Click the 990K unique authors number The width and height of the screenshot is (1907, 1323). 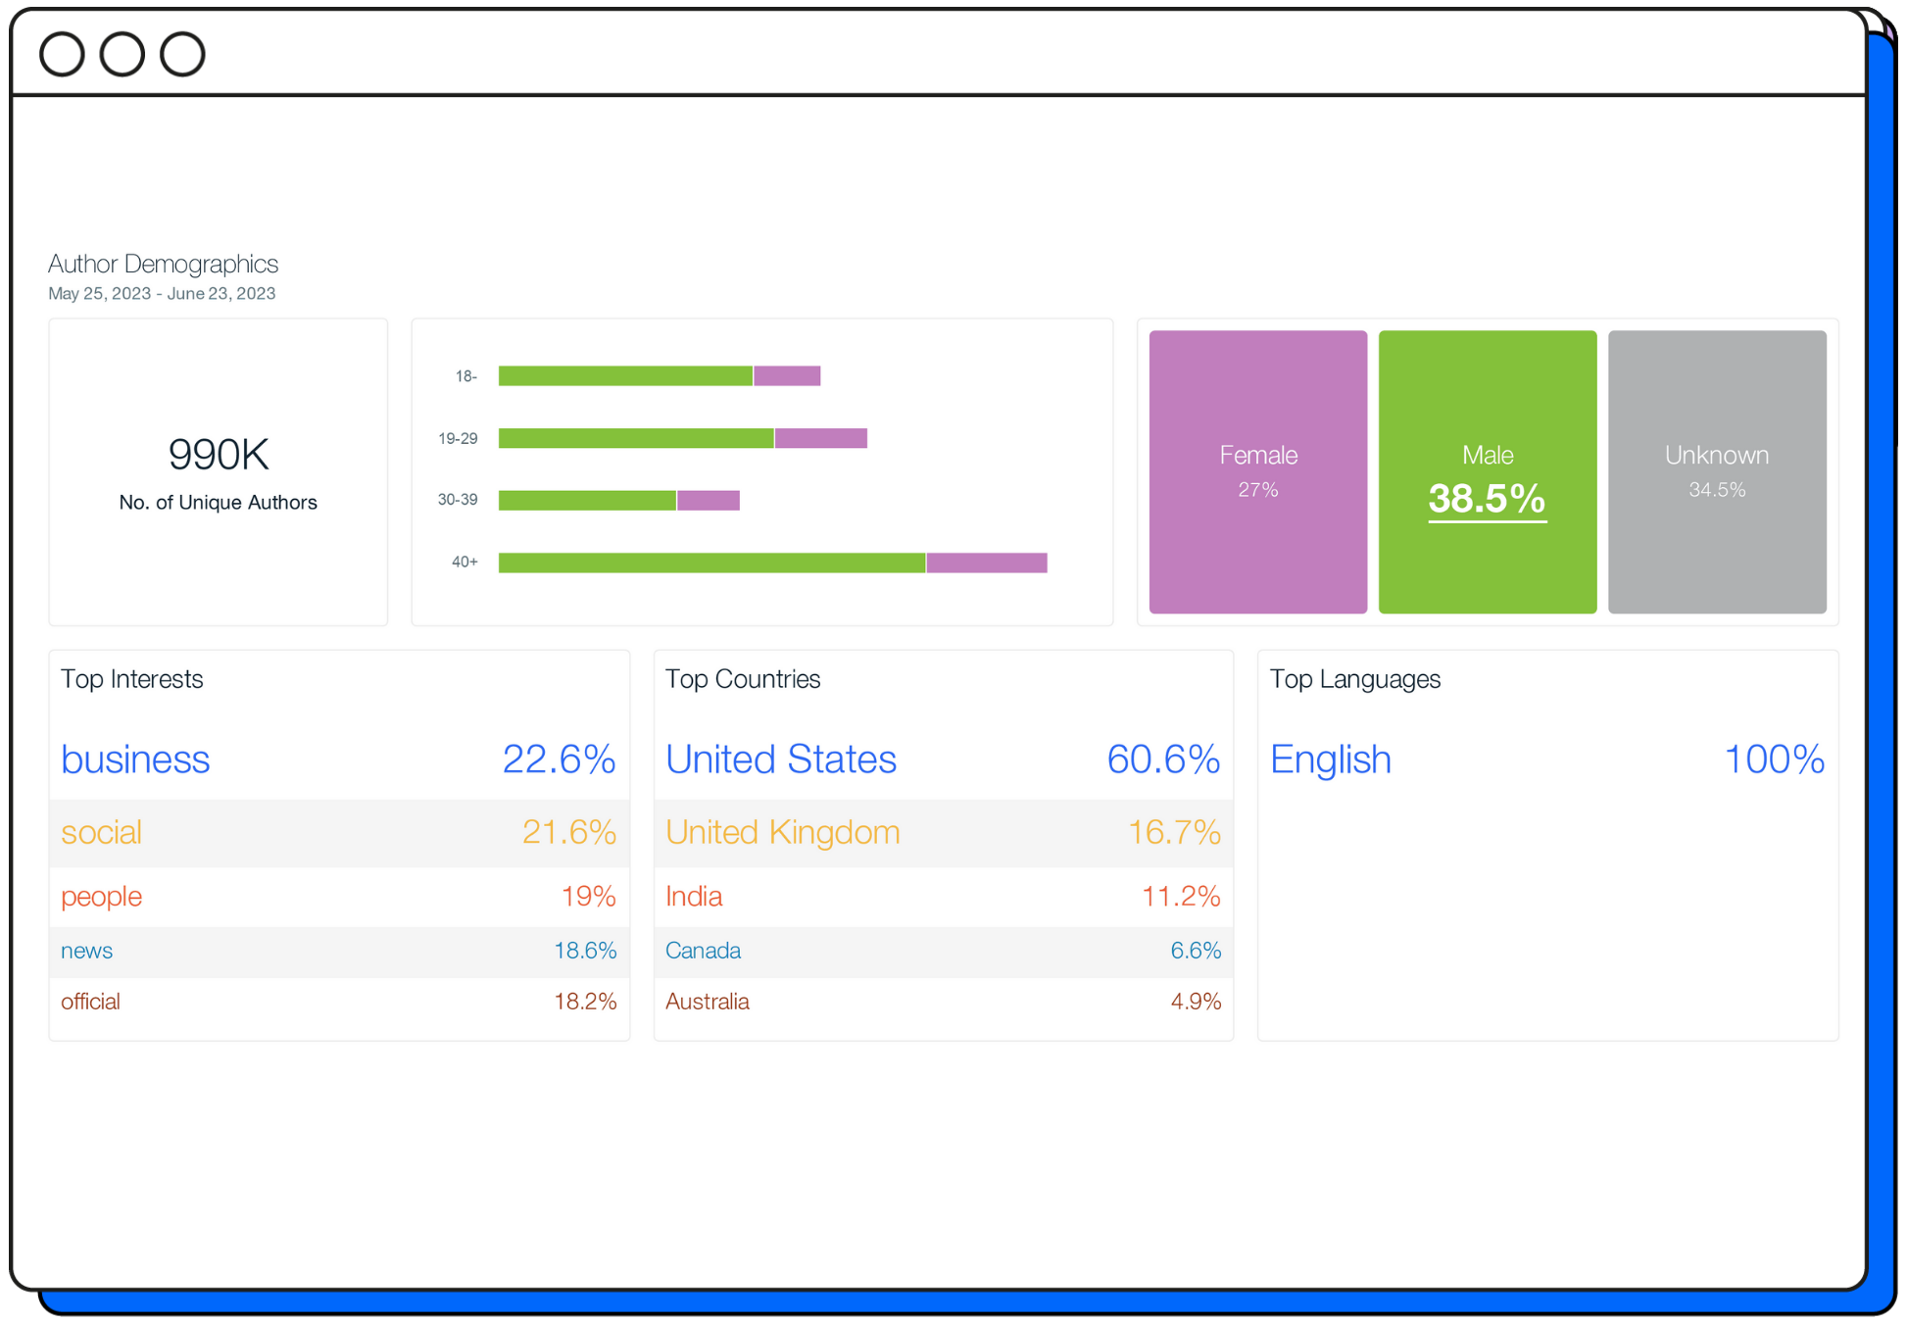pyautogui.click(x=219, y=454)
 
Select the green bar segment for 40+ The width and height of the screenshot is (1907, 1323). pyautogui.click(x=711, y=563)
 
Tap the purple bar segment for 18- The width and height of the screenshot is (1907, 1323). pyautogui.click(x=787, y=375)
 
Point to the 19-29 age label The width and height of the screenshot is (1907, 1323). pyautogui.click(x=458, y=438)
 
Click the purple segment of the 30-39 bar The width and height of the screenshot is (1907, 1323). pyautogui.click(x=708, y=501)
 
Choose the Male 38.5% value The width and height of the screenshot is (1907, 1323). pyautogui.click(x=1487, y=499)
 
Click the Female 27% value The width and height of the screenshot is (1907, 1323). pyautogui.click(x=1257, y=490)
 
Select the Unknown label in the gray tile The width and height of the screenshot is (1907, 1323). pyautogui.click(x=1716, y=455)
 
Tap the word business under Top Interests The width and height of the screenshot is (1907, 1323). pyautogui.click(x=135, y=759)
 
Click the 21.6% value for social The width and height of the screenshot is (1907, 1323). pyautogui.click(x=568, y=832)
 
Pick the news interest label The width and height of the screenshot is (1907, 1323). pyautogui.click(x=86, y=951)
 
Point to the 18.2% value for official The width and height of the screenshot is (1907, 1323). pyautogui.click(x=585, y=1002)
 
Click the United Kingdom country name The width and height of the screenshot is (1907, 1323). pyautogui.click(x=782, y=832)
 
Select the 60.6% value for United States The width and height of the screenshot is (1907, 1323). pyautogui.click(x=1163, y=759)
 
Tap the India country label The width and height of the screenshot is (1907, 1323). pyautogui.click(x=694, y=896)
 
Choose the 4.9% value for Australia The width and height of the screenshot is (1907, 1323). pyautogui.click(x=1196, y=1002)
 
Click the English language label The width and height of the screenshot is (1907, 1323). pyautogui.click(x=1330, y=759)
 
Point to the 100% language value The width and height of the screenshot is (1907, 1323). pyautogui.click(x=1774, y=759)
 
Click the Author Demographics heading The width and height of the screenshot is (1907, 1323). pyautogui.click(x=163, y=264)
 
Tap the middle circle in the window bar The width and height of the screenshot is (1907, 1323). pyautogui.click(x=122, y=54)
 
